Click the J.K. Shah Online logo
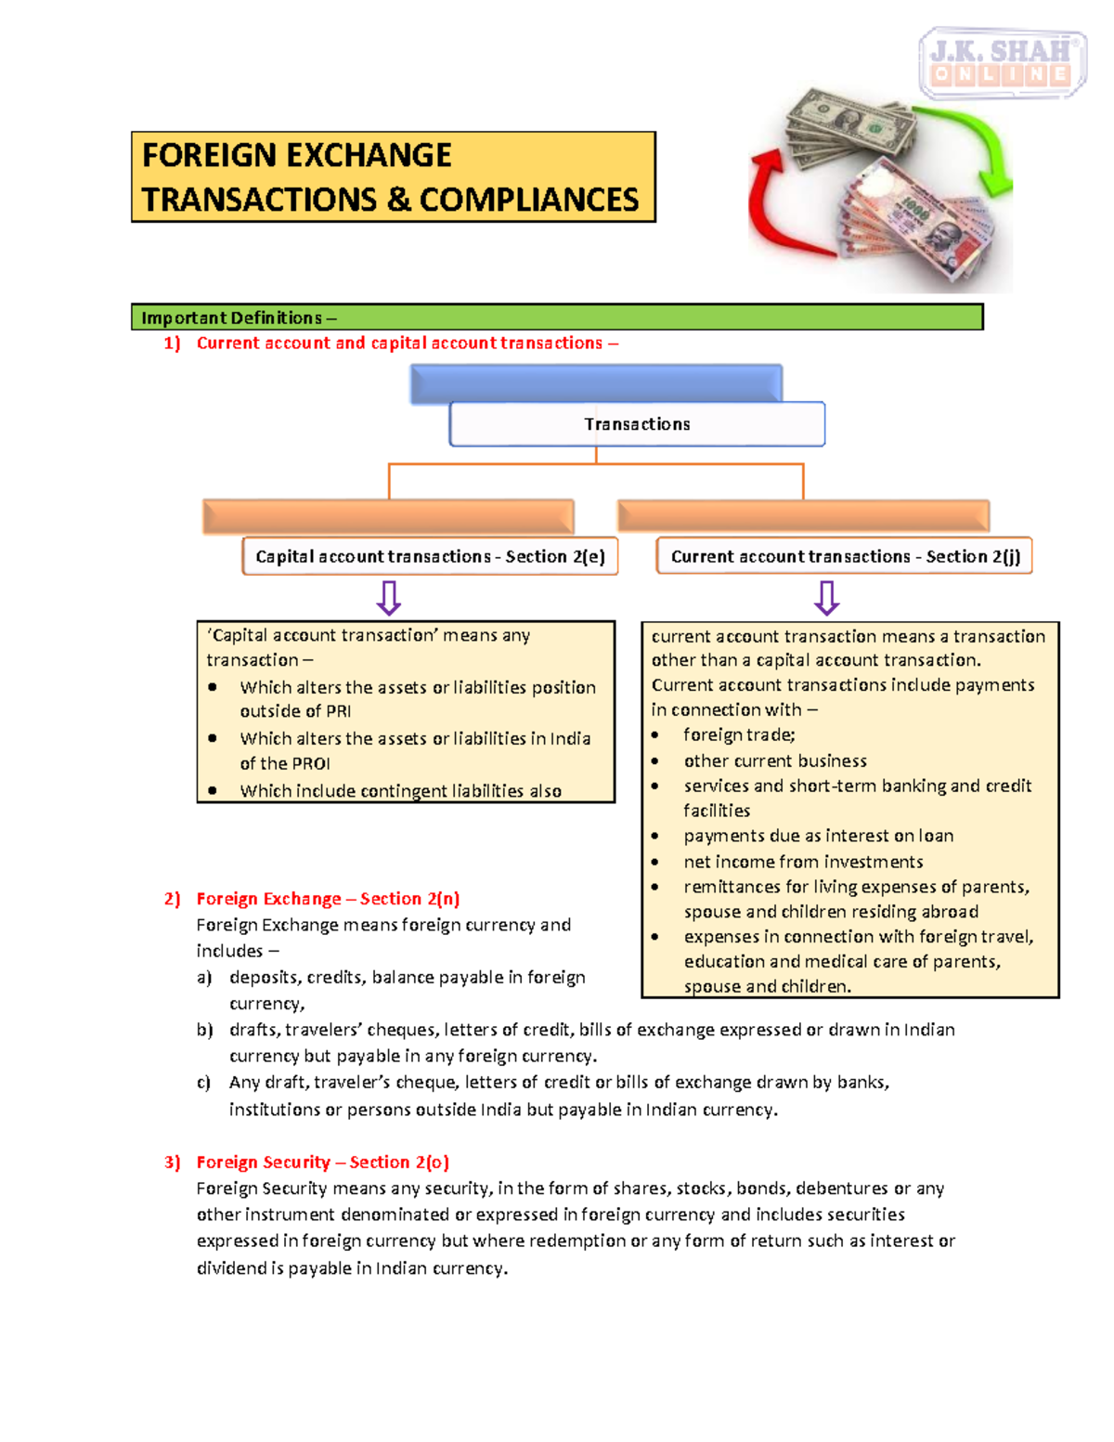click(1002, 62)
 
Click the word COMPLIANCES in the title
click(529, 200)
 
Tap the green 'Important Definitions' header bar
click(557, 318)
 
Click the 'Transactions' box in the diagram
click(637, 424)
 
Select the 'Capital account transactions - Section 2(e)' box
click(430, 556)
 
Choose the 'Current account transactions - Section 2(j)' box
click(845, 556)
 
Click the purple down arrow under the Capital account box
click(389, 598)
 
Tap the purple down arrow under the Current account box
click(826, 598)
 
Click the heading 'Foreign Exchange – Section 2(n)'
click(328, 899)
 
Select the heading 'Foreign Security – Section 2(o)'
click(322, 1163)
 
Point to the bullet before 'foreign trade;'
click(655, 735)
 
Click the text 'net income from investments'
click(803, 862)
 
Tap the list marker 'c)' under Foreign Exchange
click(203, 1083)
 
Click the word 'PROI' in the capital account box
click(310, 763)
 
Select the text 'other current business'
click(775, 760)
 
